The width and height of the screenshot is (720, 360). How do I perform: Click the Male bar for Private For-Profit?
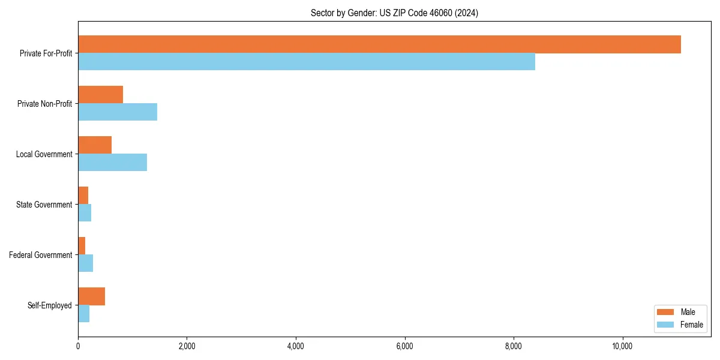click(x=379, y=44)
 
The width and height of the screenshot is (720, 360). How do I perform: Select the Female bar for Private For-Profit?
click(x=307, y=62)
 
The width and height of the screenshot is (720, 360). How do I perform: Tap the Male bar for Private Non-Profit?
click(x=100, y=95)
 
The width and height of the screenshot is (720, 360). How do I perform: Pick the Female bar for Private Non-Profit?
click(x=118, y=112)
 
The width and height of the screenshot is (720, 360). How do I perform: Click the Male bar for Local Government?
click(x=95, y=145)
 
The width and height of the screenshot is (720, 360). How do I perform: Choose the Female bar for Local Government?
click(x=112, y=163)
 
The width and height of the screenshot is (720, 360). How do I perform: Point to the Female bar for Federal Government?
click(x=85, y=263)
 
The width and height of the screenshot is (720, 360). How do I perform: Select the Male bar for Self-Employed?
click(x=91, y=296)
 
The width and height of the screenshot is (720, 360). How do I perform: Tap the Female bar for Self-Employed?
click(x=83, y=314)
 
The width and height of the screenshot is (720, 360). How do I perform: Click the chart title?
click(x=394, y=13)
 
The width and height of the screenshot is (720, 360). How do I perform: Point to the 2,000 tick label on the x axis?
click(x=187, y=346)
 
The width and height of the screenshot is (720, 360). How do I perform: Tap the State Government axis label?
click(x=44, y=205)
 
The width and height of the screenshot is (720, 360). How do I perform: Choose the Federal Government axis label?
click(x=41, y=255)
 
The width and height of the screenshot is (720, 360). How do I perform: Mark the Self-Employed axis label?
click(x=50, y=305)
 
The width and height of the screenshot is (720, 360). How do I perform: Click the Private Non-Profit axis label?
click(x=44, y=104)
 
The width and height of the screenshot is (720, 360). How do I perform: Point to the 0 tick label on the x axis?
click(x=78, y=346)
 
